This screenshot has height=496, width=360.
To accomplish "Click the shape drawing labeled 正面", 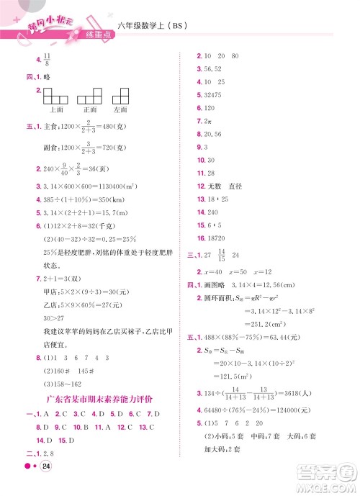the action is [89, 96].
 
